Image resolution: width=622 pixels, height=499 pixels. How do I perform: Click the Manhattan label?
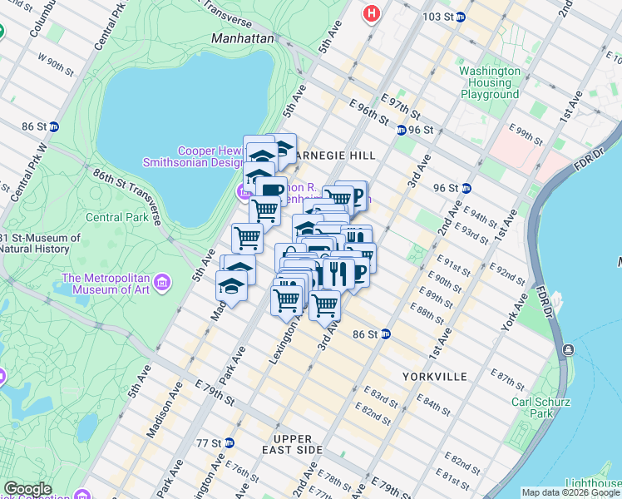pyautogui.click(x=242, y=38)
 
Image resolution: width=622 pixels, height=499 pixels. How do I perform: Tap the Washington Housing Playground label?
pyautogui.click(x=491, y=83)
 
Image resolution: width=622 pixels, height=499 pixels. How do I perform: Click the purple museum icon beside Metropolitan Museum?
pyautogui.click(x=162, y=283)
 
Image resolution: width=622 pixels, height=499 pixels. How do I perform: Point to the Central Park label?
pyautogui.click(x=117, y=218)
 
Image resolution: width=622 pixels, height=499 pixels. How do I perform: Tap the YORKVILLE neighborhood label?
pyautogui.click(x=433, y=376)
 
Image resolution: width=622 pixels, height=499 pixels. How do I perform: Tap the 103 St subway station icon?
pyautogui.click(x=460, y=17)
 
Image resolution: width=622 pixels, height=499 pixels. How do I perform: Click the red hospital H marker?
pyautogui.click(x=372, y=13)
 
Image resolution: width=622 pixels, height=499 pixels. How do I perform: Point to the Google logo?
pyautogui.click(x=27, y=489)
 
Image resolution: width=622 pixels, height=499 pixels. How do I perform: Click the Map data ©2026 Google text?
pyautogui.click(x=570, y=492)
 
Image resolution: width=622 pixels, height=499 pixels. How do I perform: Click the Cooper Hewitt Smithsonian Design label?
pyautogui.click(x=208, y=156)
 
